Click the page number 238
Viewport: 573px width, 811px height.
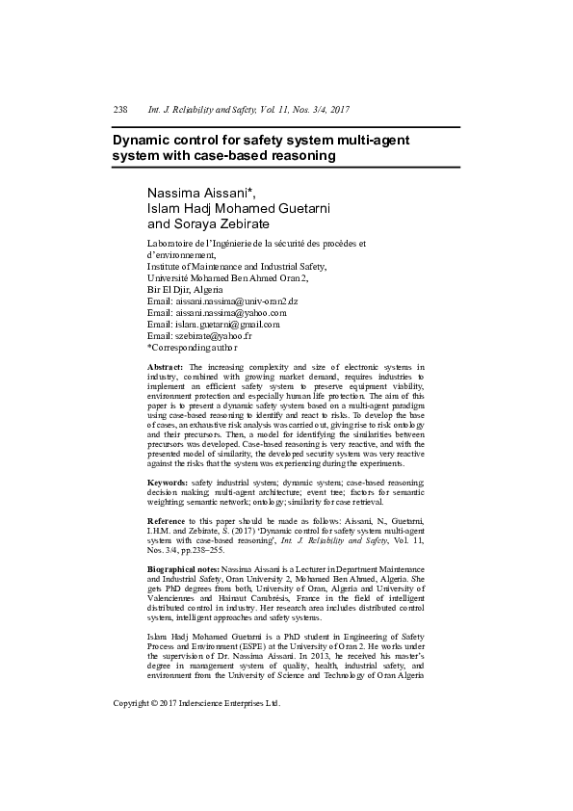pyautogui.click(x=120, y=111)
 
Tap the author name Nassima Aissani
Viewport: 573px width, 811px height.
pyautogui.click(x=198, y=191)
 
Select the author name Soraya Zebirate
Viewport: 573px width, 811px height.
pyautogui.click(x=209, y=223)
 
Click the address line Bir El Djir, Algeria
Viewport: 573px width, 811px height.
pyautogui.click(x=184, y=289)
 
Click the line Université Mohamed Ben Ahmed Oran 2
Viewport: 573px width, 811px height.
pyautogui.click(x=227, y=277)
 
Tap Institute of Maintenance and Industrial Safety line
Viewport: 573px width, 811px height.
pyautogui.click(x=237, y=266)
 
